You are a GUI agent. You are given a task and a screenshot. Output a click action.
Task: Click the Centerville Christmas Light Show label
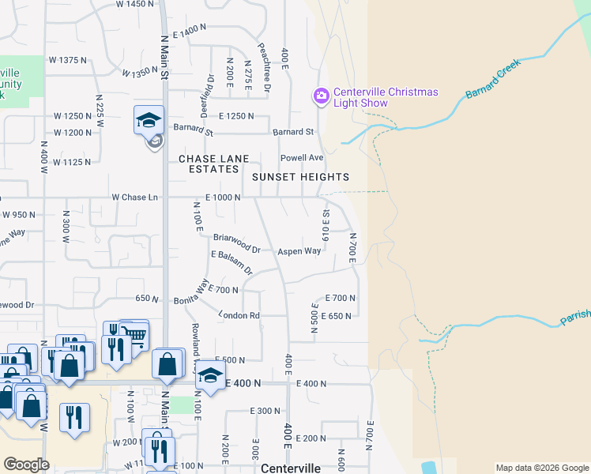point(385,98)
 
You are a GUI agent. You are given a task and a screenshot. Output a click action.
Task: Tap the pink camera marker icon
point(321,96)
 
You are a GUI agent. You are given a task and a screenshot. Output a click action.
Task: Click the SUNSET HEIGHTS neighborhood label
point(300,177)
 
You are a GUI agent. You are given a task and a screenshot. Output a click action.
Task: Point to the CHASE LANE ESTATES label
point(209,164)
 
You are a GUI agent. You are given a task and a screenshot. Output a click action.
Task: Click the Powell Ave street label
point(308,157)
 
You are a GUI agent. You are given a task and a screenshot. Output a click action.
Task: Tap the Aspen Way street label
point(299,251)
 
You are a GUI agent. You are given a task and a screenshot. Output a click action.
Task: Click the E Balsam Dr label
point(232,262)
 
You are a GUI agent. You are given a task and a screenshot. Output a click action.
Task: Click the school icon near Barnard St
point(149,120)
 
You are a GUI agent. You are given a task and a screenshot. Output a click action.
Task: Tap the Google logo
point(26,465)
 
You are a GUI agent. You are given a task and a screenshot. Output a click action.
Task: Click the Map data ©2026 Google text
point(541,468)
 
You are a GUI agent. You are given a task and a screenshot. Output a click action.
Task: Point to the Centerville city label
point(291,468)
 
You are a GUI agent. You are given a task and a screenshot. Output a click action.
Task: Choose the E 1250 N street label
point(236,116)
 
